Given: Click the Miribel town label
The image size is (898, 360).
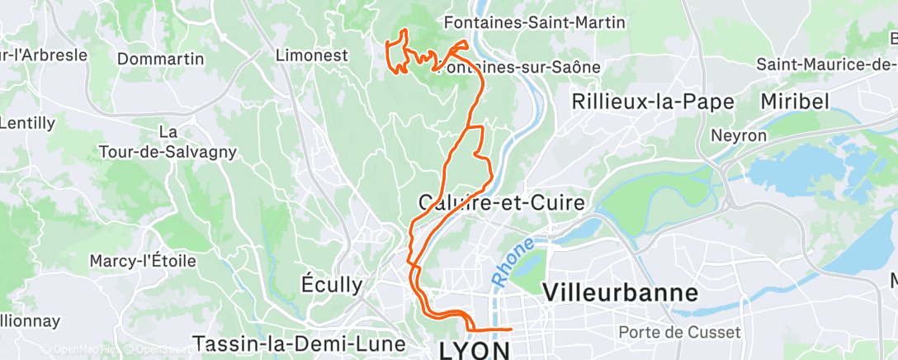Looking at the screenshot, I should (796, 101).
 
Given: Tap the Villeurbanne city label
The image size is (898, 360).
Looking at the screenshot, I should (621, 292).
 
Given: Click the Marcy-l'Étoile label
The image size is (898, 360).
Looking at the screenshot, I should (143, 261).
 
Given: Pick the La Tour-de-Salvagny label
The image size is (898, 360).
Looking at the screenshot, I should (168, 142).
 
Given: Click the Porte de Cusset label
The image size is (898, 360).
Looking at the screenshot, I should (679, 332).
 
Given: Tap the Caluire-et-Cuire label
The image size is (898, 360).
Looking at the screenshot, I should (501, 202).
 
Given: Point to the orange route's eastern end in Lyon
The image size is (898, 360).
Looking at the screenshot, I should (512, 329).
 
